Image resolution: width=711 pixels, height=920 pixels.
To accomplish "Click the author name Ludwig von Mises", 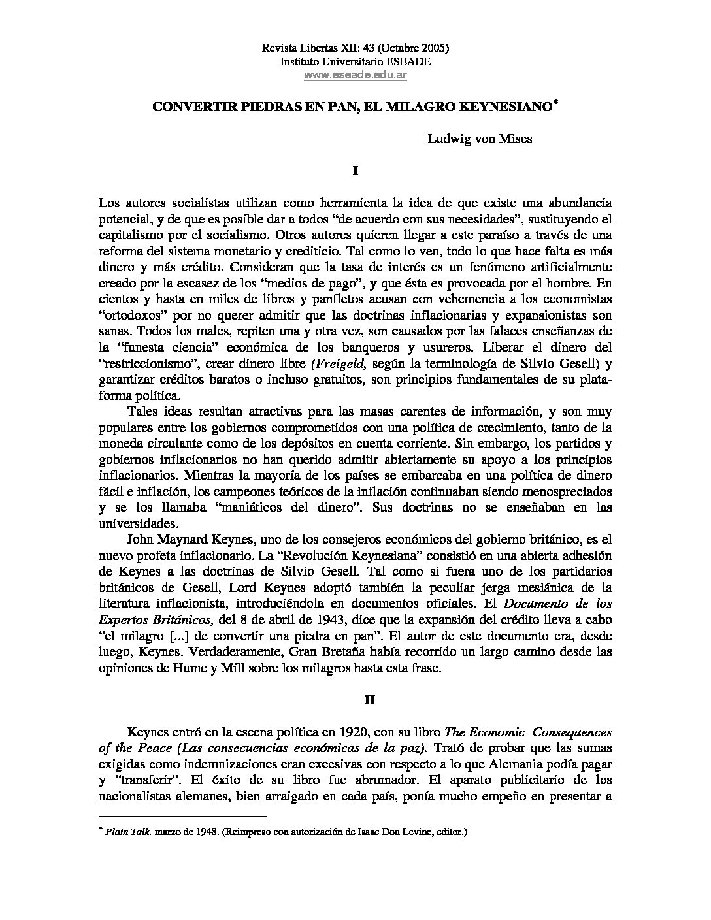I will point(479,139).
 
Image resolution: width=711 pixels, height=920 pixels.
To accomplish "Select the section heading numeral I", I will point(355,171).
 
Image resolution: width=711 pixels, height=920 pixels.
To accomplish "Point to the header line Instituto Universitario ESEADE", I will point(355,61).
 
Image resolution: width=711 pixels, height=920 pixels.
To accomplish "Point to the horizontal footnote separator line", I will point(182,816).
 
